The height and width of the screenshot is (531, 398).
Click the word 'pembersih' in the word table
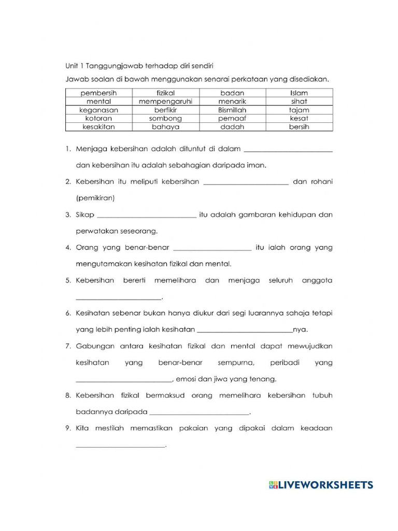(x=99, y=93)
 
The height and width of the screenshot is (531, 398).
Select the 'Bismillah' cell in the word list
(x=232, y=110)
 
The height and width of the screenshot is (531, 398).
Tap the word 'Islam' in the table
(x=299, y=93)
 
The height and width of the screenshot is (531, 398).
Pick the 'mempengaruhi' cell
(x=166, y=102)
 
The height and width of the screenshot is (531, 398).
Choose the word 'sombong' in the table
(x=166, y=118)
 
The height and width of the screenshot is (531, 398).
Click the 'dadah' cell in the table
(x=232, y=127)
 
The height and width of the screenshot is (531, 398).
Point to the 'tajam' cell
(x=299, y=110)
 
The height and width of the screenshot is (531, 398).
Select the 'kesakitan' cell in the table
(x=99, y=127)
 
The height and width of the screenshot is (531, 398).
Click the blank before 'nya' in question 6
(x=245, y=330)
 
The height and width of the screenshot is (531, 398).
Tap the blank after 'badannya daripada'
(x=199, y=413)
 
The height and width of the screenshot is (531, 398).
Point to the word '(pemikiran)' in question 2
(x=95, y=198)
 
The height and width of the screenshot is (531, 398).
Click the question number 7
(x=68, y=346)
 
